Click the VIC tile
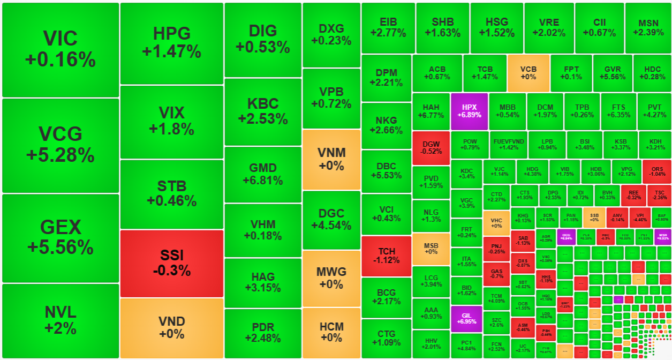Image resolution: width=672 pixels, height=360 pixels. (x=61, y=49)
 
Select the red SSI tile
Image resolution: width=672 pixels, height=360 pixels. (x=171, y=263)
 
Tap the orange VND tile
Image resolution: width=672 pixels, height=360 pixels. (x=171, y=327)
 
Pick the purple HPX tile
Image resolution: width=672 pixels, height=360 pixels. (x=469, y=111)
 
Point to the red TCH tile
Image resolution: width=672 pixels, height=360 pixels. (x=386, y=256)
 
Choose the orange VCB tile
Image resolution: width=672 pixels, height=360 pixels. (x=528, y=73)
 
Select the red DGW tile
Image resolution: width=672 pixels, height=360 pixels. (x=431, y=147)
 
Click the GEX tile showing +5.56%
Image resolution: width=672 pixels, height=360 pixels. (x=61, y=237)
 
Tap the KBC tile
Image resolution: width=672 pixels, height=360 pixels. (x=263, y=111)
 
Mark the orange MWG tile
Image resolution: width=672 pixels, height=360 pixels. (x=331, y=277)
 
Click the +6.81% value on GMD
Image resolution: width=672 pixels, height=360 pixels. (x=263, y=181)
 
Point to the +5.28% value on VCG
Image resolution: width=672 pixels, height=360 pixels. (x=61, y=155)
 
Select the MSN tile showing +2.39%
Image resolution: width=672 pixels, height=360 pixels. (x=648, y=28)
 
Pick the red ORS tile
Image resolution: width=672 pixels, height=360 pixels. (x=656, y=171)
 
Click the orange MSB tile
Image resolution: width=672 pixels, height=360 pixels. (x=431, y=249)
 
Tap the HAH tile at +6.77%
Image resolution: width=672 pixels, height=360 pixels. (x=431, y=111)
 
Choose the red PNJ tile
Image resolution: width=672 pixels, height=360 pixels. (x=496, y=248)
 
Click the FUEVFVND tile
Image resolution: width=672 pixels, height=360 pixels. (x=508, y=144)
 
